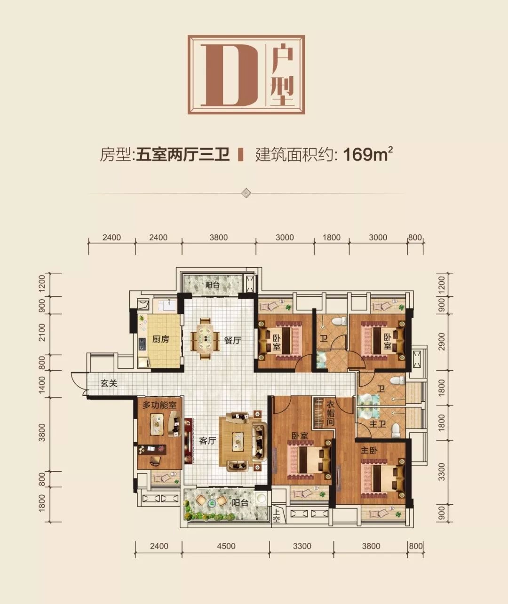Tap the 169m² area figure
pos(368,155)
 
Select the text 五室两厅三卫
pos(183,155)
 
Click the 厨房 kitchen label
pos(160,339)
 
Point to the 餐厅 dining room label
pos(232,341)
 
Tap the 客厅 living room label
pos(208,441)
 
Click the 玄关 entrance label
pos(109,383)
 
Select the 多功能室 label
pos(159,405)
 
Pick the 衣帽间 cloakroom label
pos(330,413)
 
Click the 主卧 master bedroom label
pos(369,450)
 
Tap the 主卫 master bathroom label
pos(378,424)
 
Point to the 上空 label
pos(276,515)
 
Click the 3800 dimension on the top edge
pos(219,238)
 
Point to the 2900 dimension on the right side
pos(441,342)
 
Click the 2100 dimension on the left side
pos(42,333)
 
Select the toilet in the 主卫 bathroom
pos(395,431)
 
